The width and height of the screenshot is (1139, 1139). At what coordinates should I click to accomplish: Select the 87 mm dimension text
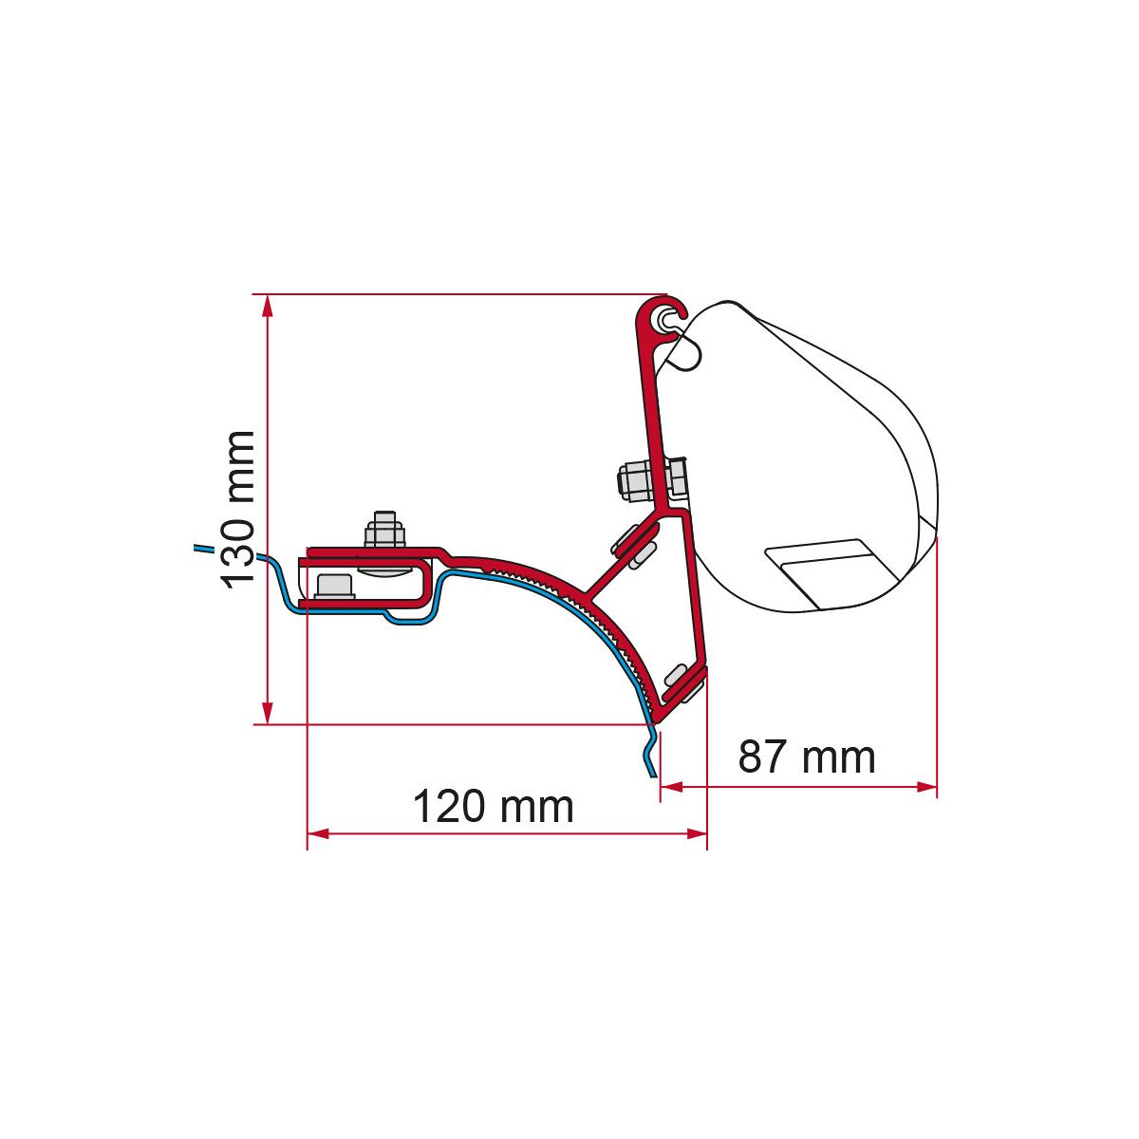pos(806,757)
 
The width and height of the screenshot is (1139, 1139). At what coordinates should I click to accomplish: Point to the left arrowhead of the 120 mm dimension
pos(318,833)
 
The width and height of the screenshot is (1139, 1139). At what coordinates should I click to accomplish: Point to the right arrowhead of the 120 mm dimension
pos(697,833)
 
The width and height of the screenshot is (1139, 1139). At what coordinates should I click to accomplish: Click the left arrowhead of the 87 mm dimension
pos(671,787)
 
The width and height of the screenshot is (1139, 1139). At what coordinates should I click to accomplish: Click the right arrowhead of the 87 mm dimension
pos(926,787)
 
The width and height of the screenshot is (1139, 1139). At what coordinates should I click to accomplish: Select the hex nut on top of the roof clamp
pos(384,530)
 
